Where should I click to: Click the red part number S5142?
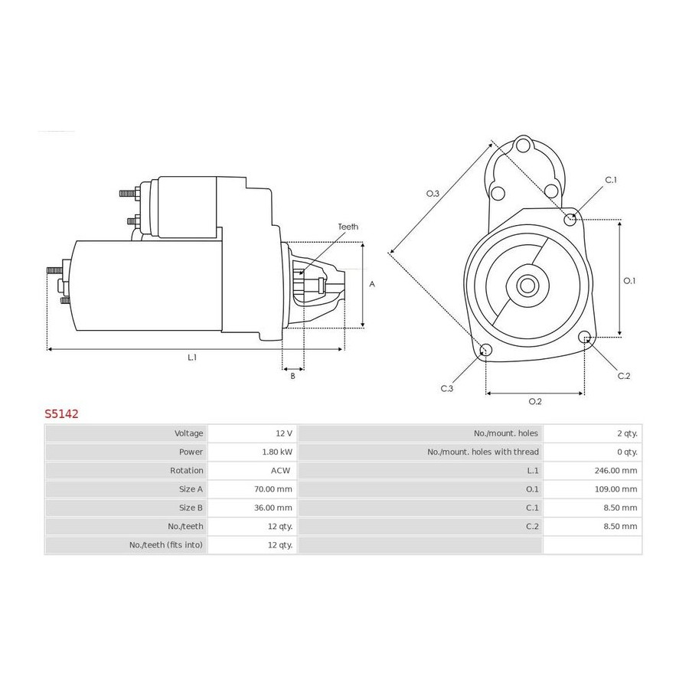pyautogui.click(x=61, y=414)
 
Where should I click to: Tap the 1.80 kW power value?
pyautogui.click(x=277, y=452)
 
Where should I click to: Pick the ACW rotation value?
pyautogui.click(x=280, y=471)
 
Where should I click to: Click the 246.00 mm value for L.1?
pyautogui.click(x=616, y=471)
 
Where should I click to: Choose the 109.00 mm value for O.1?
pyautogui.click(x=616, y=489)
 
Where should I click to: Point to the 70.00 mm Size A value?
pyautogui.click(x=273, y=489)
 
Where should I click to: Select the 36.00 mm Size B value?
pyautogui.click(x=273, y=508)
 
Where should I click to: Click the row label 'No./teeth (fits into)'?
pyautogui.click(x=166, y=545)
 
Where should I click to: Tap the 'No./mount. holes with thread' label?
pyautogui.click(x=483, y=452)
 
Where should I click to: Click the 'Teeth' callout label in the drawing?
pyautogui.click(x=348, y=227)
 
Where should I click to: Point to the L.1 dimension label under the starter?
pyautogui.click(x=192, y=358)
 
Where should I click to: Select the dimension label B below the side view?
pyautogui.click(x=292, y=376)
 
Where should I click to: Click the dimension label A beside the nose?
pyautogui.click(x=372, y=284)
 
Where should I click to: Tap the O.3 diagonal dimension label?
pyautogui.click(x=433, y=194)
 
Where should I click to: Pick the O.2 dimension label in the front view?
pyautogui.click(x=535, y=401)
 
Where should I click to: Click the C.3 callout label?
pyautogui.click(x=447, y=388)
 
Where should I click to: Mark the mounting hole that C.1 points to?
pyautogui.click(x=570, y=219)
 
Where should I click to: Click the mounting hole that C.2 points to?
pyautogui.click(x=584, y=338)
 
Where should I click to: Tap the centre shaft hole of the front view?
pyautogui.click(x=527, y=286)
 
